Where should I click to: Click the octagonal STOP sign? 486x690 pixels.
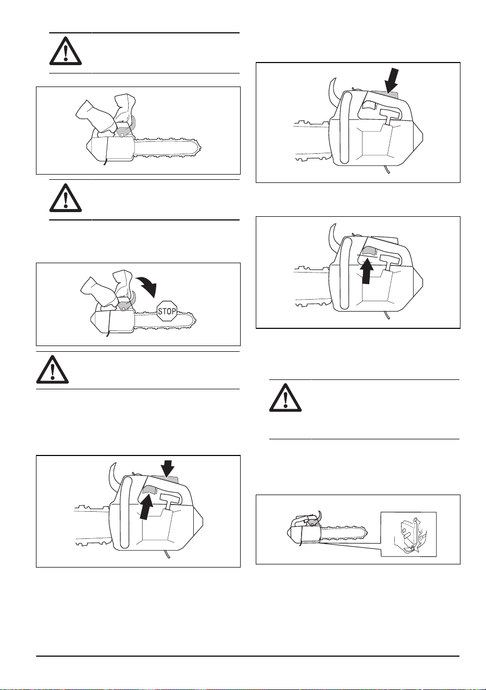pos(167,311)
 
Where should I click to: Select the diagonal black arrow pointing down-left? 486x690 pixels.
pos(391,81)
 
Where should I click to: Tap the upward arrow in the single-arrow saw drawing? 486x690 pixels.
pos(366,271)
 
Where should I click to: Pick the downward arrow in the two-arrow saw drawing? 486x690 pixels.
pos(167,470)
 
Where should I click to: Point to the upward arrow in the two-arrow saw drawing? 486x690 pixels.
pos(146,506)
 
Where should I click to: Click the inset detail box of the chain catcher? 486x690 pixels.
pos(408,534)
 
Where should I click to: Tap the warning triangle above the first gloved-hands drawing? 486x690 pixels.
pos(66,51)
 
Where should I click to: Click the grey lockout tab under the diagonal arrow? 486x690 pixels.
pos(384,93)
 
